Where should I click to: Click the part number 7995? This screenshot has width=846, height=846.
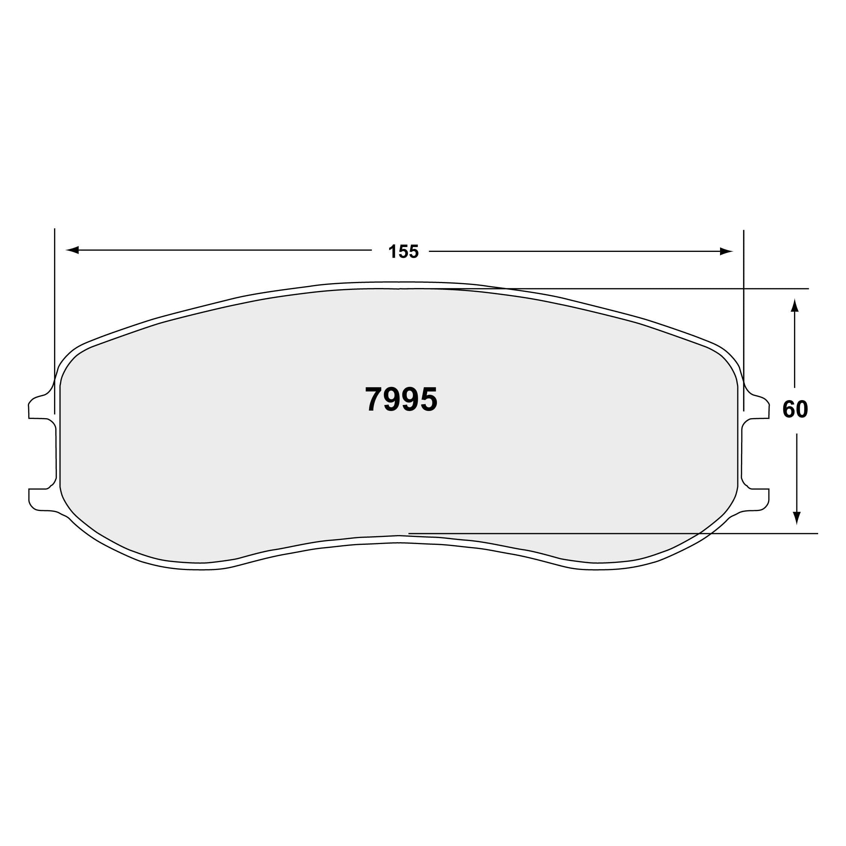coord(401,399)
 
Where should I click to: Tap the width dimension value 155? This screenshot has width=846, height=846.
coord(403,252)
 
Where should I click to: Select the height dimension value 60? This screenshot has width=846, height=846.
coord(795,409)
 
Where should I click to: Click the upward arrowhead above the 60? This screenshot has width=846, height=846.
coord(794,305)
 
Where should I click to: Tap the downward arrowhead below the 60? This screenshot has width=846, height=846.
coord(796,518)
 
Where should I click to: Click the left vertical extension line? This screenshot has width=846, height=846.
coord(55,306)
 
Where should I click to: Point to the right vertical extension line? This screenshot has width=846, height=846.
coord(743,306)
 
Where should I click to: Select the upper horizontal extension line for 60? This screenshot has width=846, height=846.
coord(657,288)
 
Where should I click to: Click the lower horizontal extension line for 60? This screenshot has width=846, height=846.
coord(613,533)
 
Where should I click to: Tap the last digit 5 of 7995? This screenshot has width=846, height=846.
coord(429,399)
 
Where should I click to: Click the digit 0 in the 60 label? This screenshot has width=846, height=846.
coord(802,409)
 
